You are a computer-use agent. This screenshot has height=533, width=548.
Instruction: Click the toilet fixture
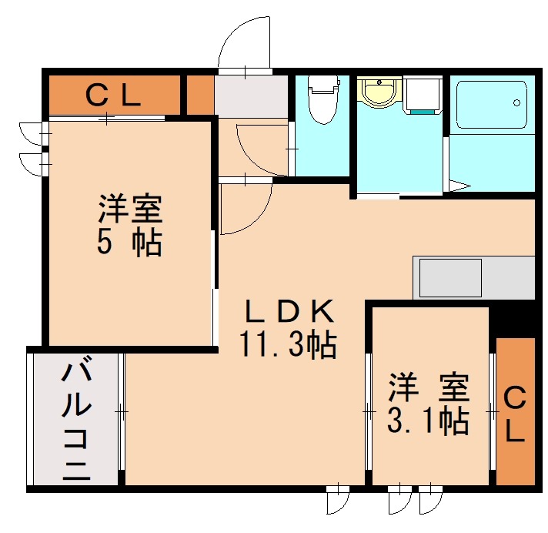point(322,99)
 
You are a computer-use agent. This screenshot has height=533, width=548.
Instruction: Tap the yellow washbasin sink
point(378,93)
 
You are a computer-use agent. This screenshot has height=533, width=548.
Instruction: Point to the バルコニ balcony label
point(75,420)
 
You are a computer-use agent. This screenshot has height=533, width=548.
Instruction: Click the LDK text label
point(289,312)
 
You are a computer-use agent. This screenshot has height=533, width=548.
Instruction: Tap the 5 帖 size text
point(129,243)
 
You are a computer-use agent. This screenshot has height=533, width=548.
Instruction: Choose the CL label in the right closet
point(515,414)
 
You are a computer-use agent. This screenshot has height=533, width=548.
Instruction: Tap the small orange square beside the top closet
point(200,94)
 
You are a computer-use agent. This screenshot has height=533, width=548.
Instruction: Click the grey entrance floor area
point(251,96)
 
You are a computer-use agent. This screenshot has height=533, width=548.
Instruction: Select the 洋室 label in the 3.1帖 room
point(428,386)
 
